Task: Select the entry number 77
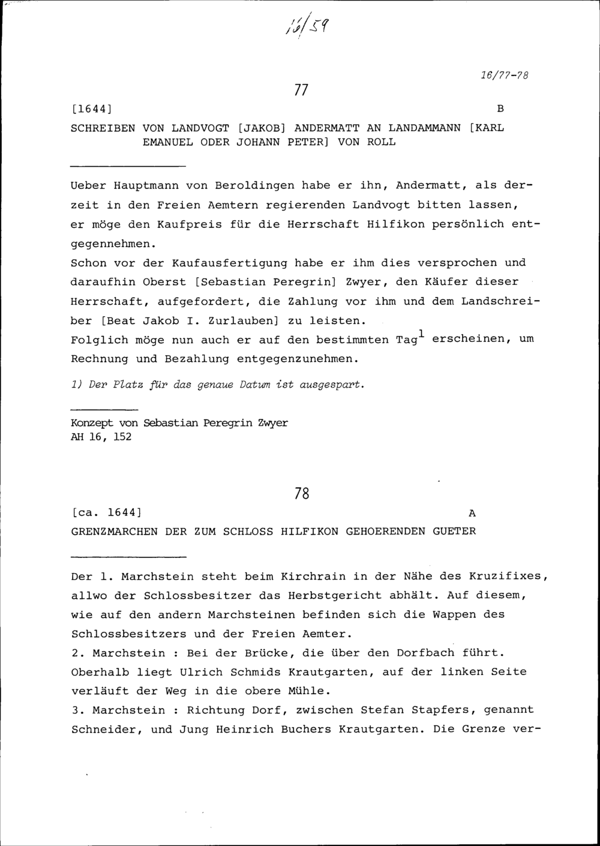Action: point(301,90)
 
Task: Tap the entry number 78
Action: point(302,494)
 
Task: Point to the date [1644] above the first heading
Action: point(92,109)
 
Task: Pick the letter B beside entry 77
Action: point(500,109)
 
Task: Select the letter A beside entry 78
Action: point(472,513)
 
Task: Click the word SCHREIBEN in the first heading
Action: point(103,128)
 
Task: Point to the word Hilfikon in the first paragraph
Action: point(392,224)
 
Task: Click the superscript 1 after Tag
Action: point(422,334)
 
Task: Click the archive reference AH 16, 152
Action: point(101,437)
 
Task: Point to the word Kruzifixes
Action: point(512,577)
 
